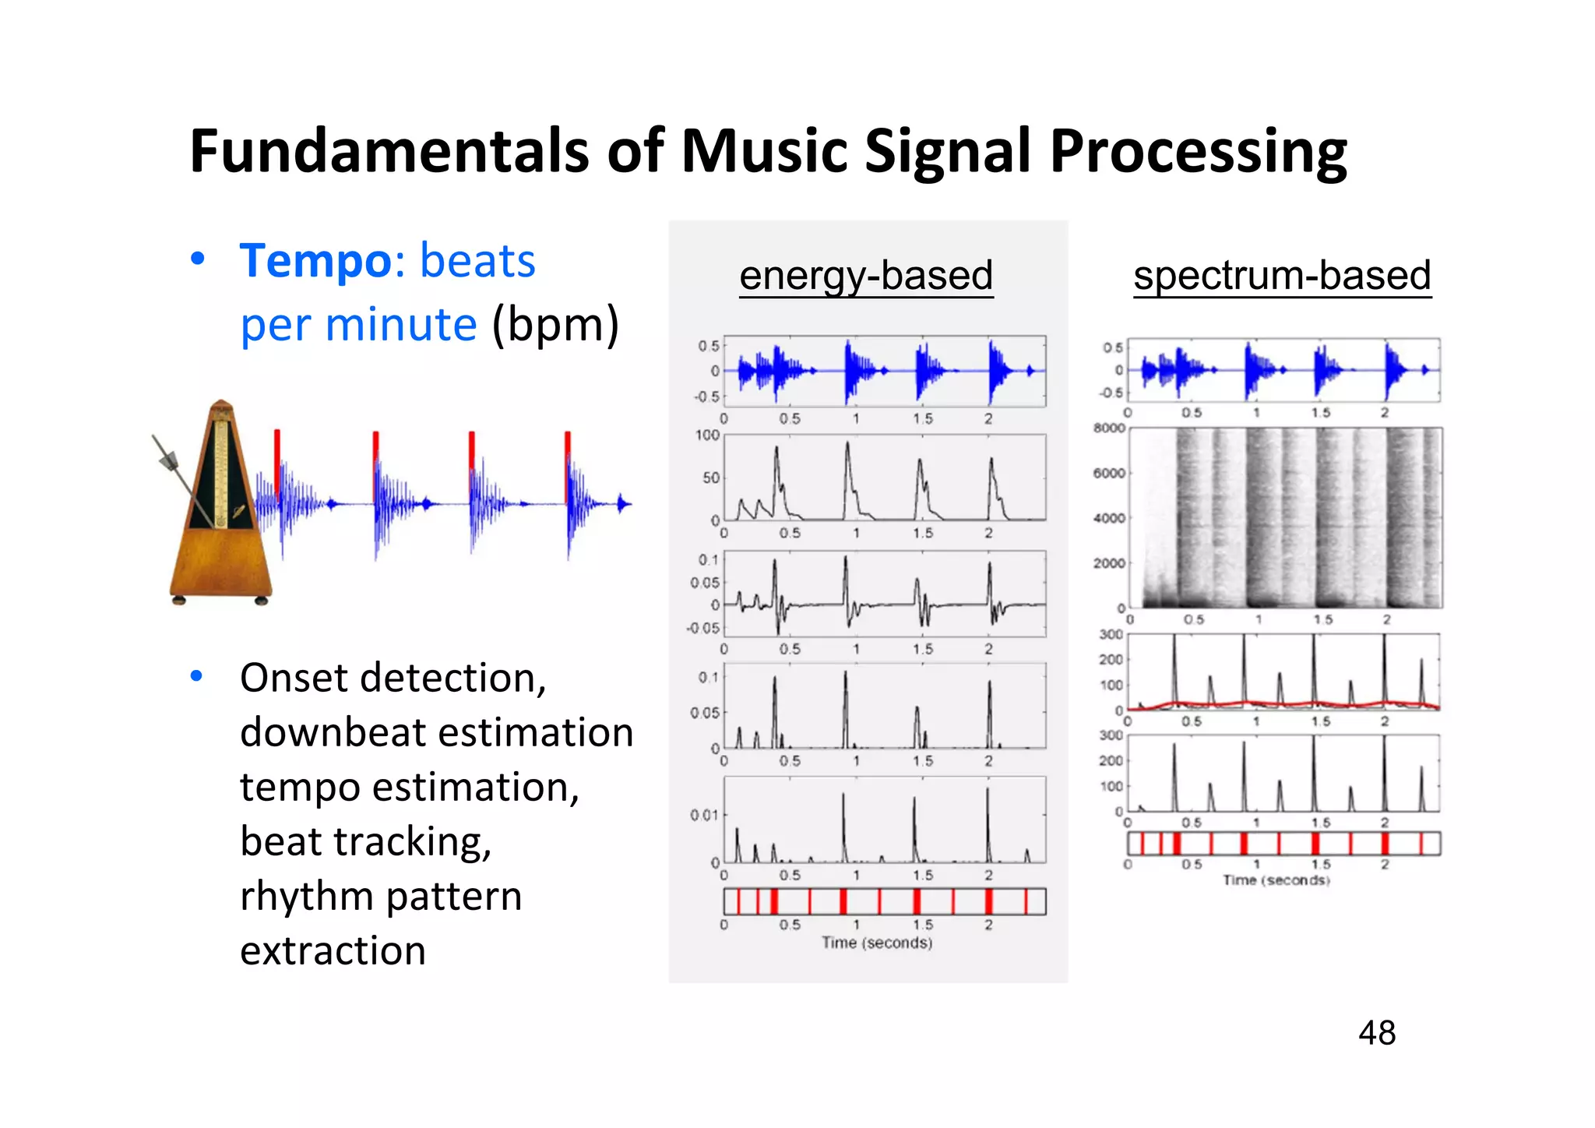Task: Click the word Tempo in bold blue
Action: click(315, 261)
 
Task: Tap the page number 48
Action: click(1376, 1034)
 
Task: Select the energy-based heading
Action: click(866, 276)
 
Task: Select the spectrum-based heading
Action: click(1282, 276)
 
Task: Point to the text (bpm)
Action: click(555, 325)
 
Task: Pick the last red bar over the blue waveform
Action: click(568, 460)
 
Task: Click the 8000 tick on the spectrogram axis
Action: click(1109, 428)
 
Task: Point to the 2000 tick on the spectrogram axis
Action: click(1109, 563)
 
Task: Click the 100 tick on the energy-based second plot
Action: click(707, 435)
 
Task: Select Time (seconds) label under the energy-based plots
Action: click(877, 943)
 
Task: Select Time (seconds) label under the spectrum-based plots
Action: click(1276, 880)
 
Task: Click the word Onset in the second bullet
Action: click(294, 679)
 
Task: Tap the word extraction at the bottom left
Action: click(333, 951)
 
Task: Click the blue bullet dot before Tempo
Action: click(198, 259)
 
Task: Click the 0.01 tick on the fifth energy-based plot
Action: click(703, 816)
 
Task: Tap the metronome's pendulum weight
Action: click(168, 460)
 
